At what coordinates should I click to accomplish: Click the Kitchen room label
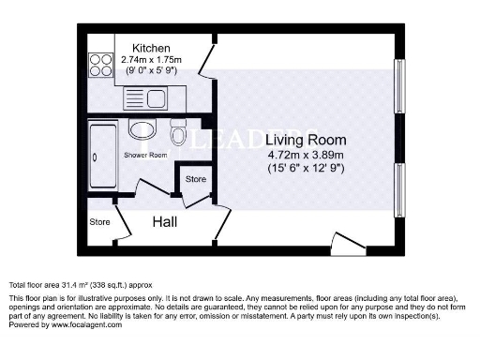150,48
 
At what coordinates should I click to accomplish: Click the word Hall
167,221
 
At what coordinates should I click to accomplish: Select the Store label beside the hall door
99,222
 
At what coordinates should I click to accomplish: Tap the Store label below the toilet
195,178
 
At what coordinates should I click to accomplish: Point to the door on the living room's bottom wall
350,246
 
